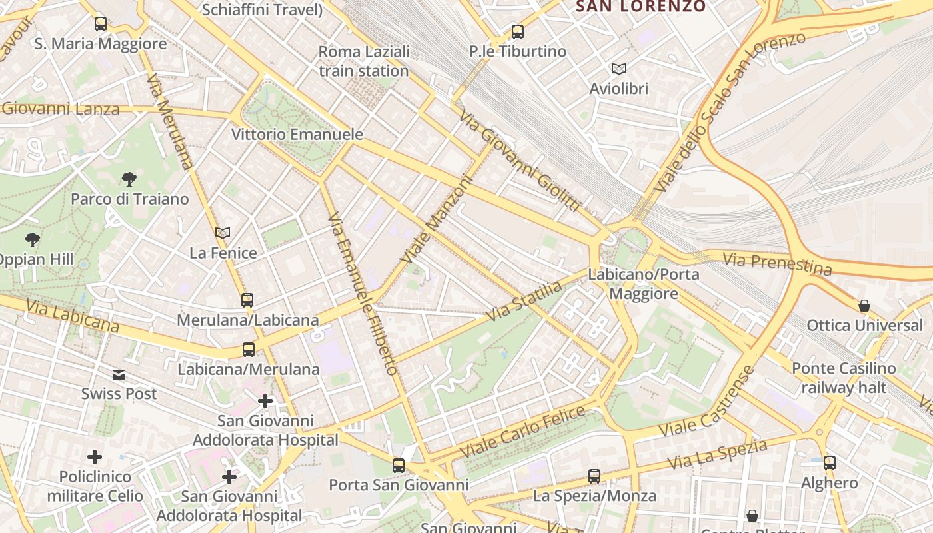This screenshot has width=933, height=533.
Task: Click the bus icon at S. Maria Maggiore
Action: tap(101, 24)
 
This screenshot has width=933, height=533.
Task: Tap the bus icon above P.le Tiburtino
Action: tap(517, 31)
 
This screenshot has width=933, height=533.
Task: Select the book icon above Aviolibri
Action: tap(618, 69)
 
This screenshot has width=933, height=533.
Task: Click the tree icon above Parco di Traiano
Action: tap(129, 179)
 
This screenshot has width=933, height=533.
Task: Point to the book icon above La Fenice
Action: tap(223, 233)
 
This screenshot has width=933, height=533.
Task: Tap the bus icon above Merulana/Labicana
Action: tap(247, 300)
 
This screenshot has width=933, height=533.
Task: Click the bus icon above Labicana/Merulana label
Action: tap(249, 349)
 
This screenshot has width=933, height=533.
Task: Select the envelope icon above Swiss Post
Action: tap(119, 374)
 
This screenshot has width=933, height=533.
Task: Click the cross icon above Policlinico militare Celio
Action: tap(95, 457)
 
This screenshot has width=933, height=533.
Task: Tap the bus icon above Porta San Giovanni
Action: tap(399, 465)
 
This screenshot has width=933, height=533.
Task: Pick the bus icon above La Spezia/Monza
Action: tap(594, 476)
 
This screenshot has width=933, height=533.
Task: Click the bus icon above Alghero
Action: tap(830, 462)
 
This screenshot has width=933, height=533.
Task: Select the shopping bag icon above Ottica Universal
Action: tap(864, 306)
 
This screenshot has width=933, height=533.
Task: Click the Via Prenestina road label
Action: tap(777, 263)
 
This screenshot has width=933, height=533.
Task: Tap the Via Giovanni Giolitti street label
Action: tap(520, 161)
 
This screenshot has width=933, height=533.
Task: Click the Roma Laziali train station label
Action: tap(363, 61)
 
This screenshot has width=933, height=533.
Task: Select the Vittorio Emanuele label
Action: tap(297, 134)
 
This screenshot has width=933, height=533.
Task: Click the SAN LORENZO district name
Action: tap(640, 7)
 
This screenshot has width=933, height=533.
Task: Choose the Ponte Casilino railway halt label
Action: tap(844, 378)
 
